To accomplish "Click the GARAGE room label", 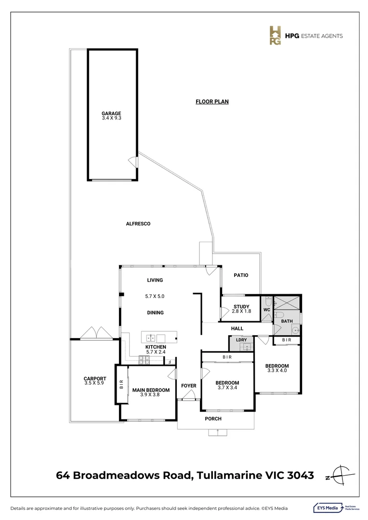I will [111, 114].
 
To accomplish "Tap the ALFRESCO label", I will [138, 224].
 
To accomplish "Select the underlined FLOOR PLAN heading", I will [212, 102].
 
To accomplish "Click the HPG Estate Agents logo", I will [276, 36].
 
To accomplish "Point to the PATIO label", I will [241, 275].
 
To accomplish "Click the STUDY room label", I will [241, 307].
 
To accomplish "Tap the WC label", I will [266, 310].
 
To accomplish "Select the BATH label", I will [287, 321].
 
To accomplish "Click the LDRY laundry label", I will [241, 340].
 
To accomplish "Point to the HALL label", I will [237, 328].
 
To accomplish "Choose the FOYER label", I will [188, 386].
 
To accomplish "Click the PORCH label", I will [213, 419].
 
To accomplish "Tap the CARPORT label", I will [94, 379].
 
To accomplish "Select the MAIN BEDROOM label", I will [151, 390].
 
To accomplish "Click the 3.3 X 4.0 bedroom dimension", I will [277, 370].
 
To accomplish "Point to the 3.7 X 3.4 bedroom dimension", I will [228, 388].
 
